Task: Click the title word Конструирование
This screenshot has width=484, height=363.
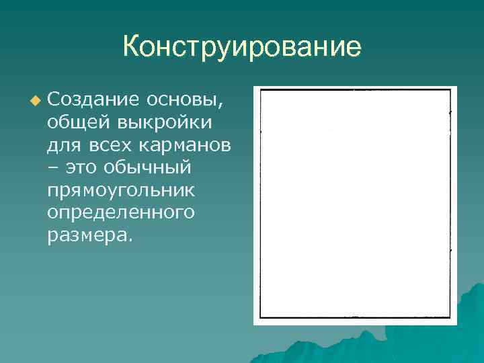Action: tap(242, 48)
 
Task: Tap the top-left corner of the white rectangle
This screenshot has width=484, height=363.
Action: tap(261, 89)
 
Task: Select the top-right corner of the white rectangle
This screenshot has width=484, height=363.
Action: tap(450, 89)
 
